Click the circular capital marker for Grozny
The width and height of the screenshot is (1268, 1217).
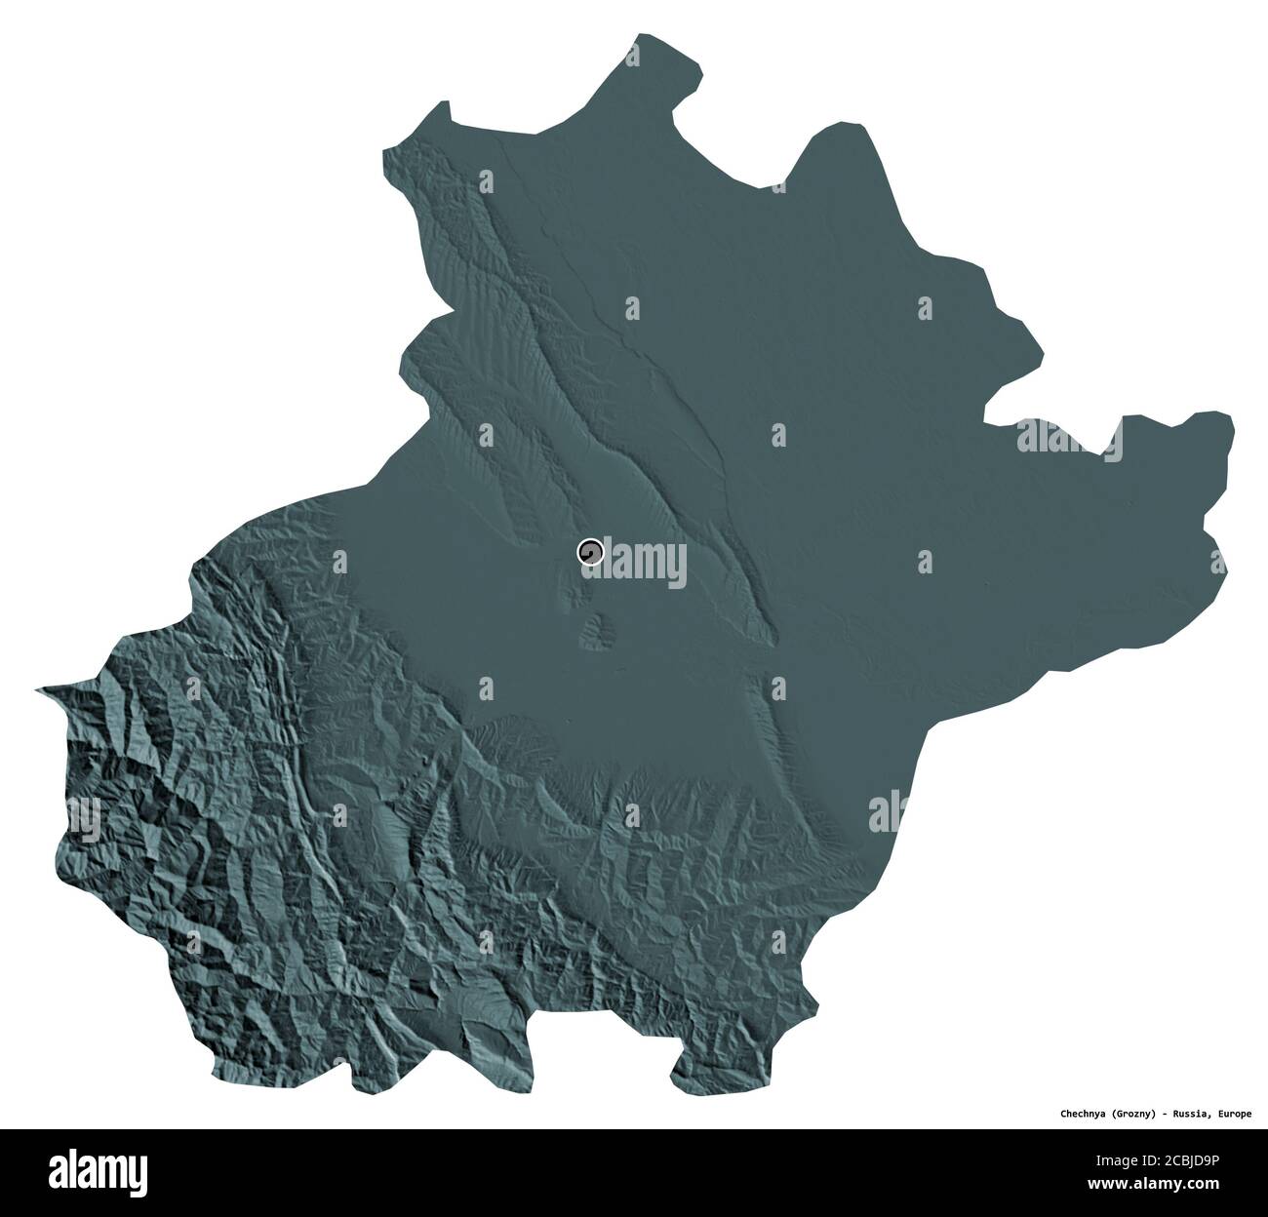point(590,553)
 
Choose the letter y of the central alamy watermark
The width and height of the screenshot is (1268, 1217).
point(675,568)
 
